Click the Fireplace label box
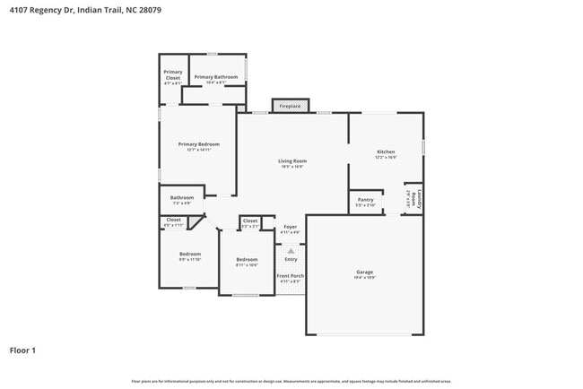click(x=290, y=106)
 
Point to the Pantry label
click(x=365, y=202)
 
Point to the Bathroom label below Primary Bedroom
click(x=182, y=200)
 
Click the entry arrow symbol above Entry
click(x=291, y=250)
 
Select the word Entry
click(x=291, y=259)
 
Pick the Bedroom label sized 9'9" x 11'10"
click(x=190, y=255)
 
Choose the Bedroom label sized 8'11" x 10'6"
click(x=247, y=262)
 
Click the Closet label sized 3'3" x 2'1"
click(x=250, y=222)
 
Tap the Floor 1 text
click(x=22, y=350)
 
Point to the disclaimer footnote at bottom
click(x=291, y=381)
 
